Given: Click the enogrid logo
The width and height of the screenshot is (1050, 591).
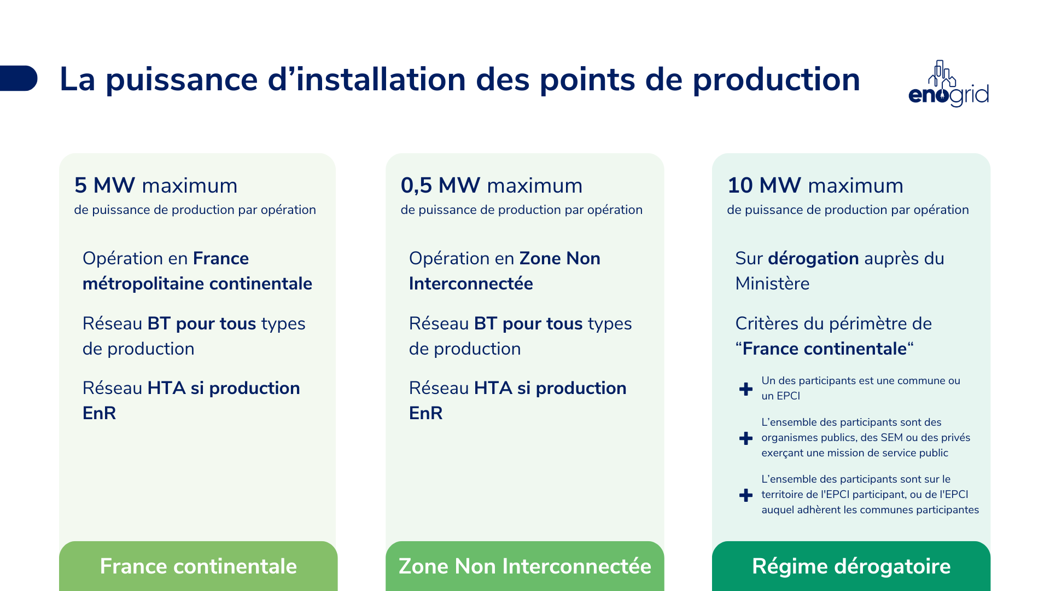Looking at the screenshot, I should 948,85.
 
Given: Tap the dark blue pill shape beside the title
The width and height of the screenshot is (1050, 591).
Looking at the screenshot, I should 19,78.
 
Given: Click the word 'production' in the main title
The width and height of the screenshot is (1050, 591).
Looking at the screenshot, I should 776,80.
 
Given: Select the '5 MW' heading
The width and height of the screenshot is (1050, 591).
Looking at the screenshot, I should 104,186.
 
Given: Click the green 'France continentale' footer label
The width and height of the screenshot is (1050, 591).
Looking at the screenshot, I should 198,566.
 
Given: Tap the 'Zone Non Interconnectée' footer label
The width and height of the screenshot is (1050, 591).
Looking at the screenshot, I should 524,566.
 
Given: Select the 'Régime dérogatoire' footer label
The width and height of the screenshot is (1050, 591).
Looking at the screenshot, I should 851,566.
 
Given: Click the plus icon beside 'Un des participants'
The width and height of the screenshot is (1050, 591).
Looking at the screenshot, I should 745,389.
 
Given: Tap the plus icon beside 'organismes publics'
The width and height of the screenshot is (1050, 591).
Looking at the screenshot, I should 745,438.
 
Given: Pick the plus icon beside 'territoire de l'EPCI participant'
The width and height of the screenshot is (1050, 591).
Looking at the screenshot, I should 745,495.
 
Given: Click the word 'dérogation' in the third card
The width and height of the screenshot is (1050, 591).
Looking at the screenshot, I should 813,258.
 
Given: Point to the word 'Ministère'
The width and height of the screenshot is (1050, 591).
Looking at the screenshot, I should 772,283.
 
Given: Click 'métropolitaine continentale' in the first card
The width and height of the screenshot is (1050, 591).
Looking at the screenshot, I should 197,283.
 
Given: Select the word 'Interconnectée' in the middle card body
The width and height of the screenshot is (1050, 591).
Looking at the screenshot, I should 470,283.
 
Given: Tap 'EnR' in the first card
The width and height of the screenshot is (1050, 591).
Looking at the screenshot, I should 99,413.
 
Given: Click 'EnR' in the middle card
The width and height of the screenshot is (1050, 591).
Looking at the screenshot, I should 425,413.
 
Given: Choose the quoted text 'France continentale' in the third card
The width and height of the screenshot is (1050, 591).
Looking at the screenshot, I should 824,349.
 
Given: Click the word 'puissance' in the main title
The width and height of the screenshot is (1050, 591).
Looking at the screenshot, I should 181,80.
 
